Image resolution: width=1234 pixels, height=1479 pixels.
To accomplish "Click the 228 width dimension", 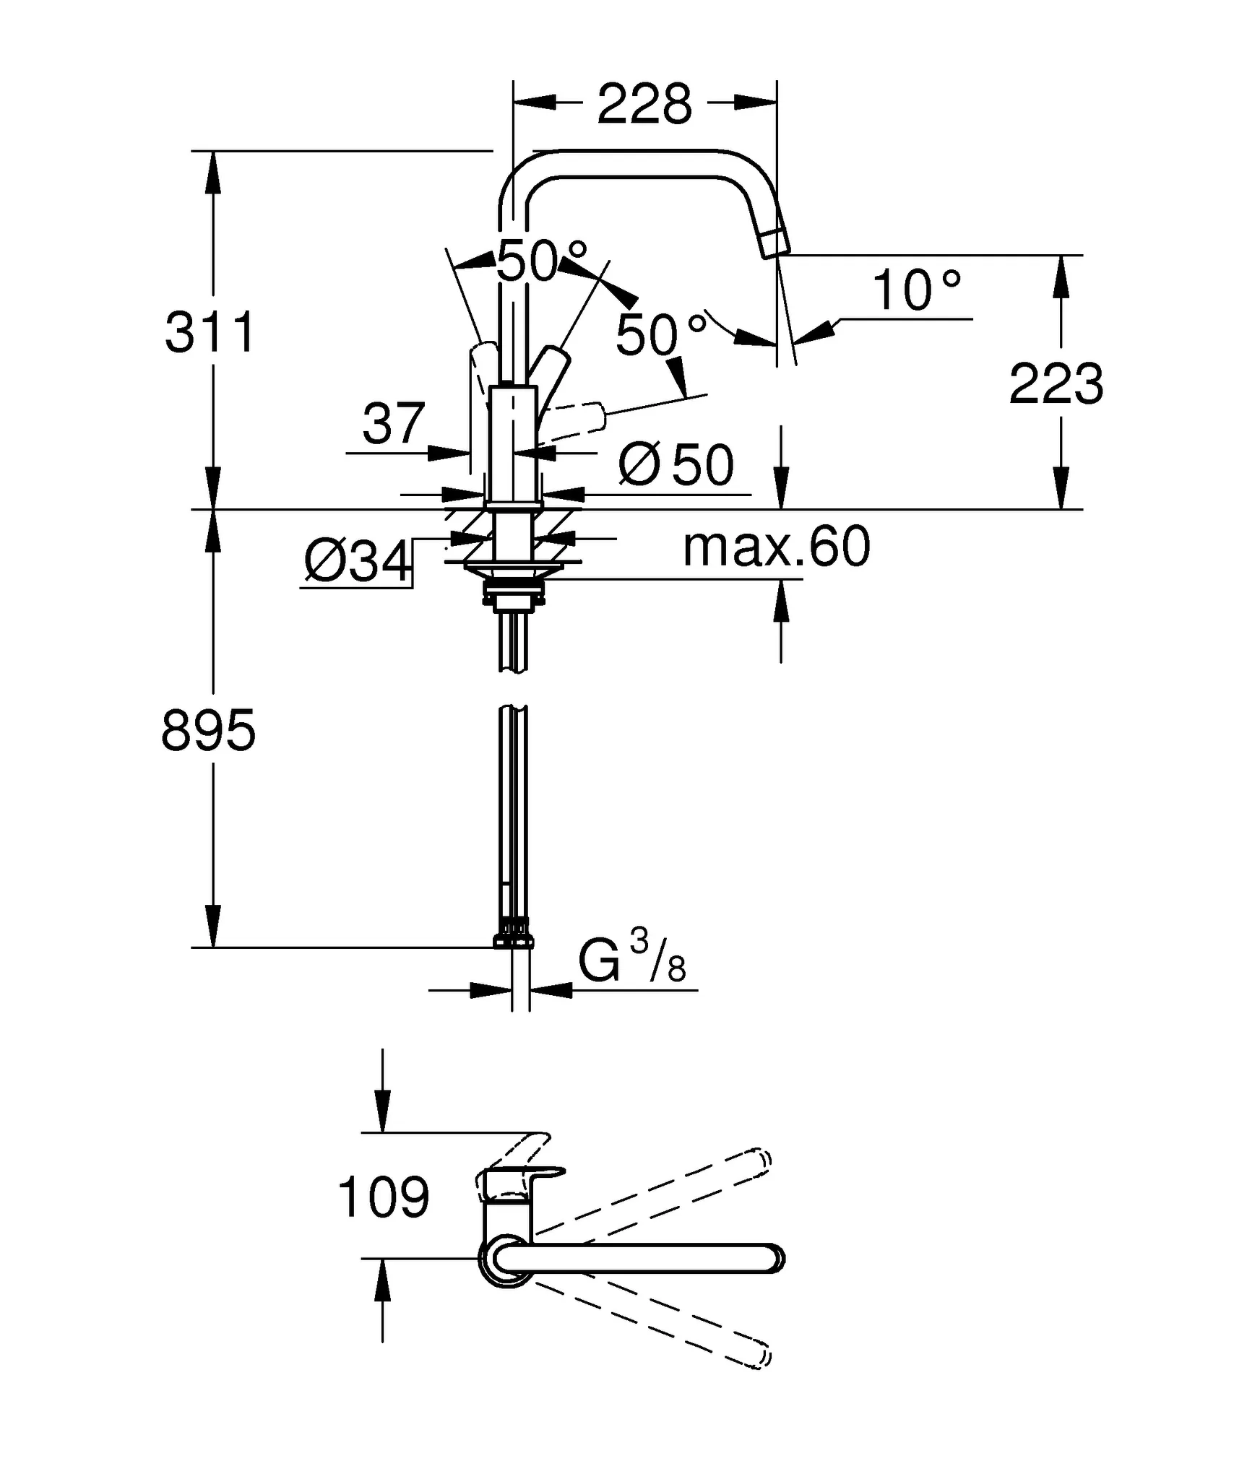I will pos(644,105).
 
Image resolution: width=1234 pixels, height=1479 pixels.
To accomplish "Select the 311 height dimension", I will pos(210,333).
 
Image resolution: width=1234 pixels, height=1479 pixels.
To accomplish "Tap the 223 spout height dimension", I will pos(1056,383).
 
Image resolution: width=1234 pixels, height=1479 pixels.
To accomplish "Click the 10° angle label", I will pos(917,290).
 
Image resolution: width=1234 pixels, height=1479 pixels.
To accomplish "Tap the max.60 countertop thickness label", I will pos(777,547).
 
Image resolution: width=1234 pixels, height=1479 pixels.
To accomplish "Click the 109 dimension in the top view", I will pos(384,1197).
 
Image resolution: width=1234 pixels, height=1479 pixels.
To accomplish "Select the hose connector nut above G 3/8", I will pos(514,940).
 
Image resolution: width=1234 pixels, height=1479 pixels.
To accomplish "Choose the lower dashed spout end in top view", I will pos(760,1356).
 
